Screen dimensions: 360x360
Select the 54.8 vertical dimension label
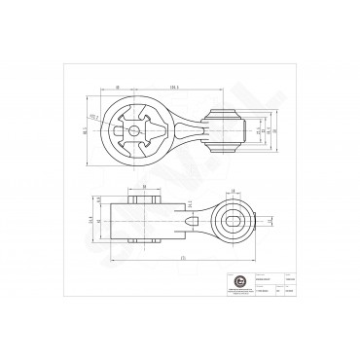click(90, 222)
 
